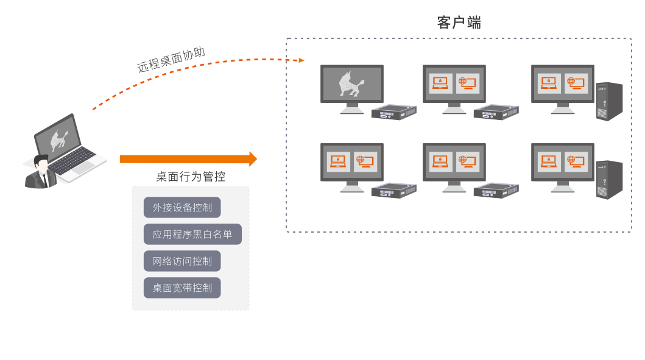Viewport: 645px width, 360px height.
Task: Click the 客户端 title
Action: click(459, 23)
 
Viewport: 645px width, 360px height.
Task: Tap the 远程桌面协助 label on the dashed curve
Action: click(171, 60)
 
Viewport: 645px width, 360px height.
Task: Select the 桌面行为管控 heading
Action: click(191, 177)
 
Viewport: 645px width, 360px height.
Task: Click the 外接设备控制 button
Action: click(182, 208)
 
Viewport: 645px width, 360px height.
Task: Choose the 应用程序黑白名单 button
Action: click(192, 235)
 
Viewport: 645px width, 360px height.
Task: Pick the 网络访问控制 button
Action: click(182, 261)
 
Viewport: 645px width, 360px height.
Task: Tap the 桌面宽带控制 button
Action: click(182, 288)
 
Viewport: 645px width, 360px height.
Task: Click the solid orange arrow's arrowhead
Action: click(253, 159)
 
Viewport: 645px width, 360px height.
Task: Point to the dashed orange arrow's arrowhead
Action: click(301, 60)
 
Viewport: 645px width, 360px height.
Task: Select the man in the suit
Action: click(41, 173)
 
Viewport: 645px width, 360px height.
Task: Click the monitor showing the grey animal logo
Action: click(352, 83)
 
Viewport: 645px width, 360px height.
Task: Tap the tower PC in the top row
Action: click(609, 101)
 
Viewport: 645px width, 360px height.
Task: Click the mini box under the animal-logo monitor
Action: click(393, 113)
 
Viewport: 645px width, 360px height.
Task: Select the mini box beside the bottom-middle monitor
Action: click(496, 191)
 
